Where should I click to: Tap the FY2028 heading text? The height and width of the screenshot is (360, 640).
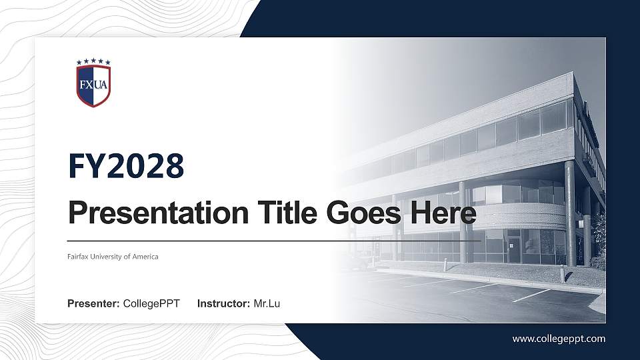point(126,166)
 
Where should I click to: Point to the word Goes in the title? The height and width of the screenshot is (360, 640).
point(360,213)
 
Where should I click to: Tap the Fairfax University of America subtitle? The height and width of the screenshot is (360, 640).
point(113,257)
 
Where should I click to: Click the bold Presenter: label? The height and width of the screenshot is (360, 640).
point(93,304)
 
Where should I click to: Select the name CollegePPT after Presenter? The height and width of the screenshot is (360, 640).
point(151,304)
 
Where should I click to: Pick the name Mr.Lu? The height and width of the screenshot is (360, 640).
point(267,304)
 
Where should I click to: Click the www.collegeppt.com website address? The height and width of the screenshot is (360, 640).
point(559,339)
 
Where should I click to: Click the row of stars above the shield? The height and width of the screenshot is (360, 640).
point(93,62)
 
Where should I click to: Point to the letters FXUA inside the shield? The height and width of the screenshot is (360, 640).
point(93,85)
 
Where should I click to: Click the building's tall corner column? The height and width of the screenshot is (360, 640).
point(571,213)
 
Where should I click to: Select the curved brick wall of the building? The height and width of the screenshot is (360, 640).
point(527,215)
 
